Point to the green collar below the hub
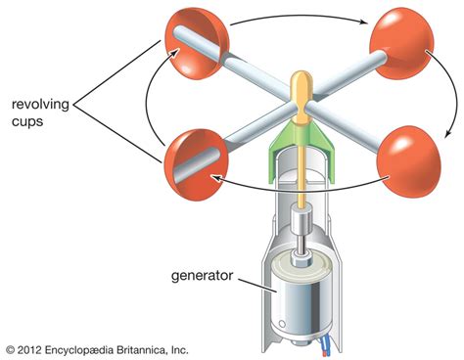(302, 145)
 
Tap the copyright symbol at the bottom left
(10, 348)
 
